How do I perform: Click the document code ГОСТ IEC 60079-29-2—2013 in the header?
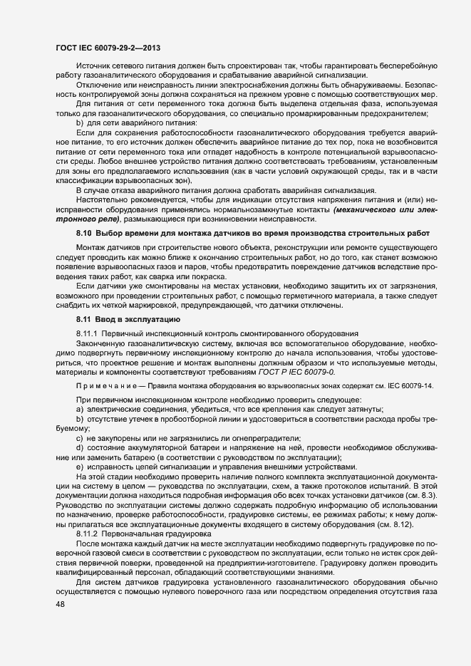(108, 48)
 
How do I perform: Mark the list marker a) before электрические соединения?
(80, 408)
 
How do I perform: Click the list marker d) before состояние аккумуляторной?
(80, 447)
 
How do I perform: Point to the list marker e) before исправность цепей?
(80, 466)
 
